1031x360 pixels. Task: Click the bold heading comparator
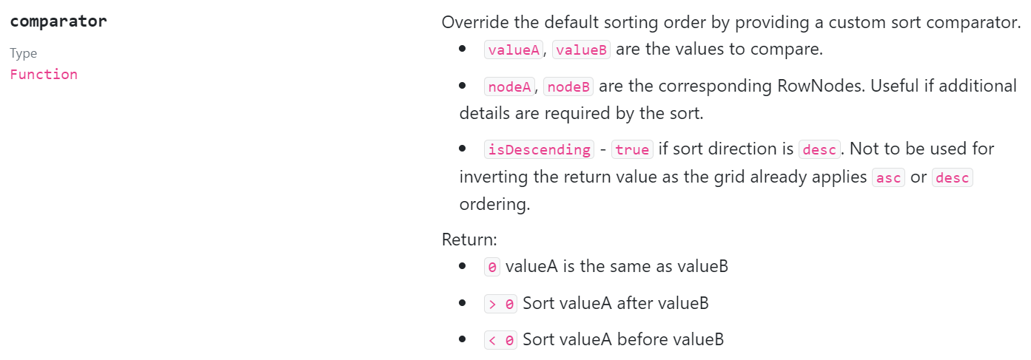[58, 21]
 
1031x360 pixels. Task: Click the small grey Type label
[23, 53]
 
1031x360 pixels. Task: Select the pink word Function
[44, 75]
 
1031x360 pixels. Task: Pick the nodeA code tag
[511, 86]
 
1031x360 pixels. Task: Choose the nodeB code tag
[568, 86]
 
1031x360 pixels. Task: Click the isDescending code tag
[539, 149]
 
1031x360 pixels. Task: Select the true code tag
[632, 149]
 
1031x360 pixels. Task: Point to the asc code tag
[888, 178]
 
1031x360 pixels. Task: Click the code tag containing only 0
[492, 267]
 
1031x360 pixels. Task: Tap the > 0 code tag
[500, 303]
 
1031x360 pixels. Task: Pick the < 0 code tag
[500, 340]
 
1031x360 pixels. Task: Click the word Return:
[470, 240]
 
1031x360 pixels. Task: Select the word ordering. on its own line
[494, 205]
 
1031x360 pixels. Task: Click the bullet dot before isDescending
[463, 149]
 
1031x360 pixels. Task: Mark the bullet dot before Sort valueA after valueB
[463, 302]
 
